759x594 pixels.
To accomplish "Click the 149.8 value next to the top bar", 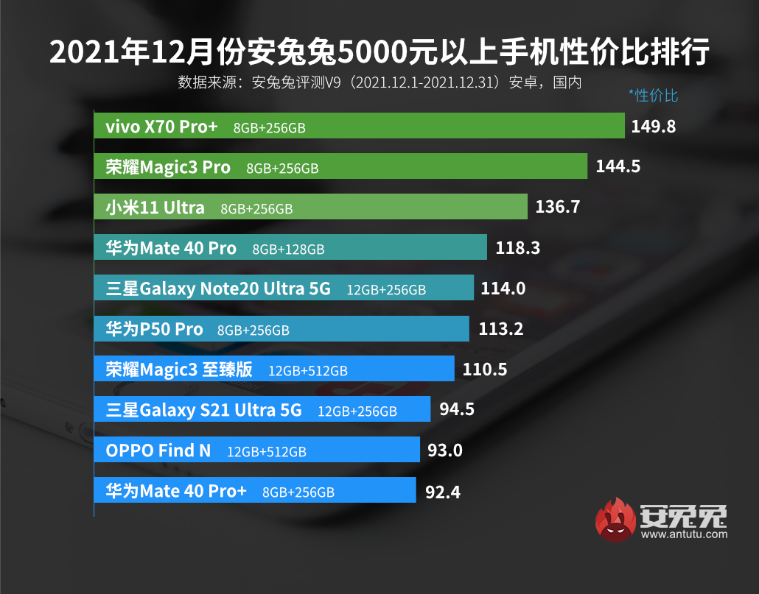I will pos(654,127).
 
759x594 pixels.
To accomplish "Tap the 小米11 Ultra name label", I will pos(155,208).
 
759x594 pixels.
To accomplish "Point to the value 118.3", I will pos(518,248).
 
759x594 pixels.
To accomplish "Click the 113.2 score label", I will pos(501,329).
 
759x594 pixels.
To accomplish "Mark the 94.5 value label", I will pos(457,410).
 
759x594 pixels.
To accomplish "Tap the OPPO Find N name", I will pos(158,450).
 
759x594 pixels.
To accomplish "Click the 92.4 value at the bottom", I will pos(443,491).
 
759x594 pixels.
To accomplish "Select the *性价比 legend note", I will pos(653,95).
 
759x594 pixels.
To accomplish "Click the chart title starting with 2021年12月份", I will pos(379,52).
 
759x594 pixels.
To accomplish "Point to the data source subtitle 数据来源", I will pos(379,82).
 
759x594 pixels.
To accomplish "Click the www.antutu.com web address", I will pos(684,534).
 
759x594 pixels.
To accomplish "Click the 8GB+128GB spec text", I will pos(288,250).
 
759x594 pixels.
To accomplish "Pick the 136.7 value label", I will pos(558,208).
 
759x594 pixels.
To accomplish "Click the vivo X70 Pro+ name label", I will pos(162,127).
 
